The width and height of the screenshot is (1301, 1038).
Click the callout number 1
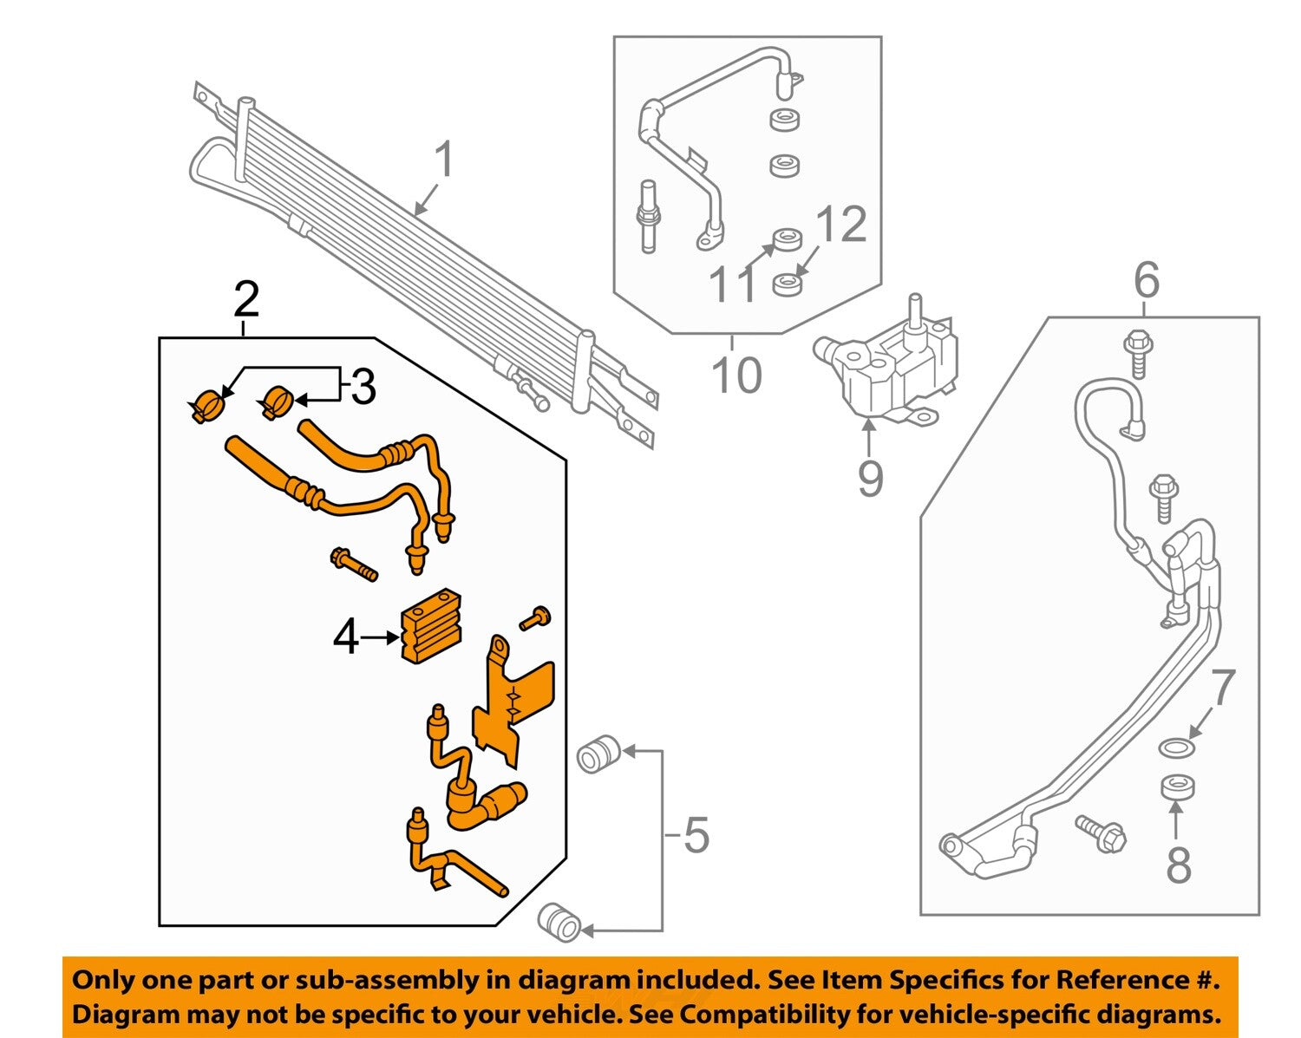(x=443, y=161)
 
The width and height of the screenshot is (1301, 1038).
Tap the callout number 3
(x=363, y=387)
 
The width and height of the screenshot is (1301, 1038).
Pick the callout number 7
(x=1222, y=689)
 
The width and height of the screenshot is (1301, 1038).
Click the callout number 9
(x=869, y=479)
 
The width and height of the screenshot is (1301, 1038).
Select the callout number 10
(x=736, y=375)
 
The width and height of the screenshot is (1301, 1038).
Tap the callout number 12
(x=840, y=224)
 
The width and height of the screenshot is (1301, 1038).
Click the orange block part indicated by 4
(x=431, y=625)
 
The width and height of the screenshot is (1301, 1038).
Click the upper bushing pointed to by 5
(x=598, y=754)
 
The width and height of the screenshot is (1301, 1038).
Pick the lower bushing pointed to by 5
(x=559, y=922)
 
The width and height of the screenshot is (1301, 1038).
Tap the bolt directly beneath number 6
(x=1136, y=353)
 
